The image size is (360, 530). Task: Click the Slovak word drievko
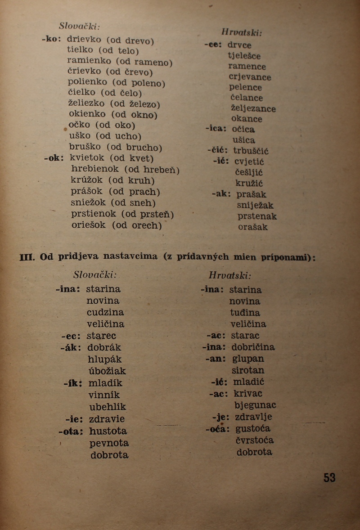coord(85,39)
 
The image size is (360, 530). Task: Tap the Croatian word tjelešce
coord(244,56)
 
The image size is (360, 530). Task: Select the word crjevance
coord(250,77)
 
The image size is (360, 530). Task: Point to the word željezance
coord(253,108)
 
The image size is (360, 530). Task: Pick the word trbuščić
coord(251,151)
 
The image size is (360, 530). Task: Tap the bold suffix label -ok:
coord(54,158)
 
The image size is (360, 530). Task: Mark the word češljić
coord(249,172)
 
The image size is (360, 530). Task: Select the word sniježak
coord(255,205)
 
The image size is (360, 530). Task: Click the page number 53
coord(329,477)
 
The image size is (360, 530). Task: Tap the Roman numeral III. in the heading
coord(27,257)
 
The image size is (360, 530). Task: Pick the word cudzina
coord(105,312)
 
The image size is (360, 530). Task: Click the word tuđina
coord(245,313)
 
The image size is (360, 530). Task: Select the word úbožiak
coord(107,371)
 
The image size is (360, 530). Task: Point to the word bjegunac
coord(255,405)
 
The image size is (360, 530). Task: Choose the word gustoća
coord(252,429)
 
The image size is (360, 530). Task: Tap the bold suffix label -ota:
coord(70,431)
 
